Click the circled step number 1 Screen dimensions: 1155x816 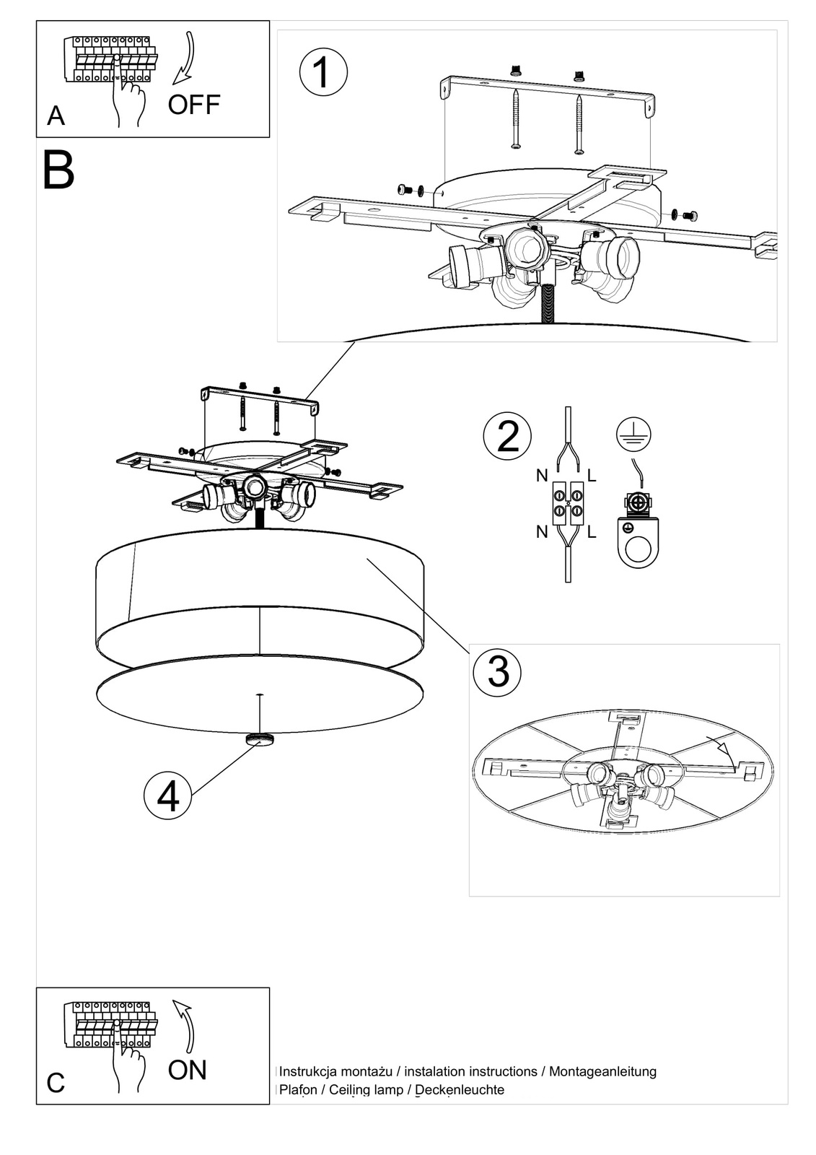(323, 72)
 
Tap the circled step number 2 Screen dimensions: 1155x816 (507, 436)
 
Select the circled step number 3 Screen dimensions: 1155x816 (498, 670)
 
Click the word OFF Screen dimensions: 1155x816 (193, 105)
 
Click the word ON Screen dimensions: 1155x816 (187, 1070)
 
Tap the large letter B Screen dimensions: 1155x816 (58, 170)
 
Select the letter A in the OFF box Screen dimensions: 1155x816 (56, 115)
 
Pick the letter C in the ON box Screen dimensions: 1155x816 (56, 1083)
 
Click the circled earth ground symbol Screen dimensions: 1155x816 (633, 434)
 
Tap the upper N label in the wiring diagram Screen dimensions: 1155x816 (542, 476)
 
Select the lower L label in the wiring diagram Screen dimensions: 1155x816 (592, 533)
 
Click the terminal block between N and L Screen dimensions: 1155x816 (568, 503)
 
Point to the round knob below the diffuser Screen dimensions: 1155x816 (260, 739)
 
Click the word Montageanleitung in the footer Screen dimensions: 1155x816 (602, 1071)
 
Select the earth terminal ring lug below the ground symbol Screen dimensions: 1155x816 (638, 537)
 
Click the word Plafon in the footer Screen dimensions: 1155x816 (298, 1089)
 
